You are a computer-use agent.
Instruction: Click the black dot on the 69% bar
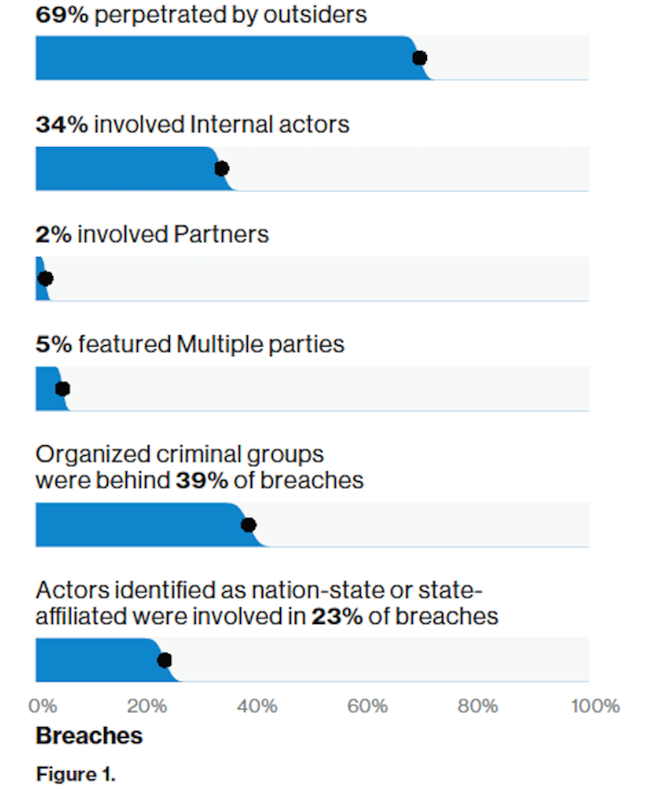[x=419, y=58]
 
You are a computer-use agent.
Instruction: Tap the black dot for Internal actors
[x=222, y=168]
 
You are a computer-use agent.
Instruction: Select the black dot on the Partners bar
[x=46, y=279]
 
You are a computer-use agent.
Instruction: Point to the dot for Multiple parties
[x=62, y=389]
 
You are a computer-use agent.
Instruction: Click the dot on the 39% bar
[x=249, y=525]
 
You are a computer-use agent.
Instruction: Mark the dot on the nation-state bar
[x=164, y=661]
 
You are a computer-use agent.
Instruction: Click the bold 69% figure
[x=61, y=15]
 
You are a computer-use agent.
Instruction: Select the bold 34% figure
[x=61, y=124]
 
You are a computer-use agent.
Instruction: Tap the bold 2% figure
[x=54, y=235]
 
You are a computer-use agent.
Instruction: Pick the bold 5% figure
[x=55, y=345]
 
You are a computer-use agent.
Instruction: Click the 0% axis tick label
[x=41, y=707]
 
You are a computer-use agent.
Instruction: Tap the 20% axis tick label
[x=146, y=707]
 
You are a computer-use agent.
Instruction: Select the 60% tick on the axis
[x=367, y=707]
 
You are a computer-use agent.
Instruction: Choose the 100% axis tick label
[x=593, y=707]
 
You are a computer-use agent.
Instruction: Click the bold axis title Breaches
[x=89, y=736]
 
